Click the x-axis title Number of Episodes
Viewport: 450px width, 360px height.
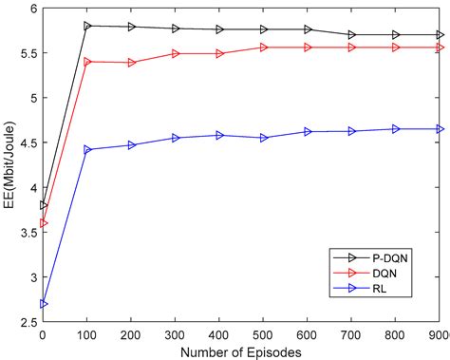tap(242, 351)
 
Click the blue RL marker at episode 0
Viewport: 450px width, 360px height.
tap(43, 304)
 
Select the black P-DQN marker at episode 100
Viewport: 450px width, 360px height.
tap(87, 26)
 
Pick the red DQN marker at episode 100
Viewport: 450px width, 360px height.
tap(87, 62)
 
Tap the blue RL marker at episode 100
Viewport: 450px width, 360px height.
tap(87, 149)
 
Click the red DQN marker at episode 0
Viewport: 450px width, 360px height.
tap(43, 223)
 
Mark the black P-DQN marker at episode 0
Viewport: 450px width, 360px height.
tap(43, 205)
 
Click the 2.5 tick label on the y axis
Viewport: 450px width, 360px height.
tap(28, 322)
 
